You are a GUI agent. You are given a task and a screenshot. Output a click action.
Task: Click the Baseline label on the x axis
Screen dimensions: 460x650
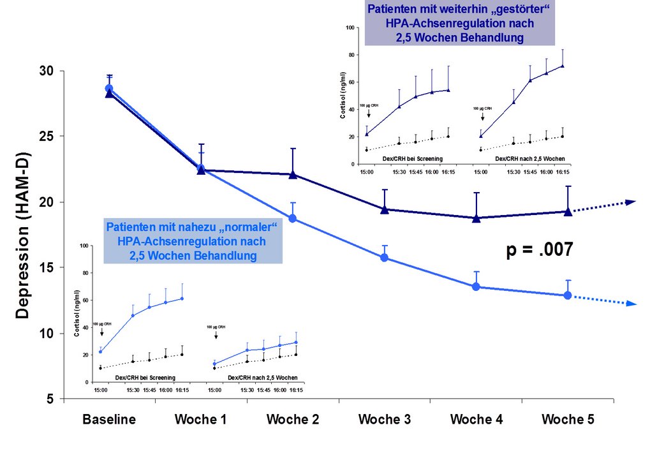pos(109,420)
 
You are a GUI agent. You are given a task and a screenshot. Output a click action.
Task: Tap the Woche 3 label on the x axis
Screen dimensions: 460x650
pos(385,420)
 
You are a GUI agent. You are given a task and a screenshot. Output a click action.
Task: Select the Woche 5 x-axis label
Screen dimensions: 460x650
pos(568,420)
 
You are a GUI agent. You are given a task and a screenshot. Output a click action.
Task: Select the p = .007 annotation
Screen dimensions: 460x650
pos(540,250)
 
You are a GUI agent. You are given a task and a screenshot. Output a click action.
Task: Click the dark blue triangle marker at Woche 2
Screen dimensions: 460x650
pos(293,174)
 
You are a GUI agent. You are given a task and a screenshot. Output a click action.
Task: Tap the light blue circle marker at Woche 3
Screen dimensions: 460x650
pos(385,257)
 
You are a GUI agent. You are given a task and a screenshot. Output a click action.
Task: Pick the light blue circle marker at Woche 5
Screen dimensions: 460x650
pos(568,295)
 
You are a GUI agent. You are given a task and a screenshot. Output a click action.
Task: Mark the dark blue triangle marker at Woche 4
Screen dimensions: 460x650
pos(476,218)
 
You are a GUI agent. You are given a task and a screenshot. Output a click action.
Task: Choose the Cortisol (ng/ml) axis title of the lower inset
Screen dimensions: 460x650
pos(77,313)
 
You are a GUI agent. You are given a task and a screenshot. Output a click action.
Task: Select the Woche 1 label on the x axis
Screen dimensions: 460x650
pos(201,420)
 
